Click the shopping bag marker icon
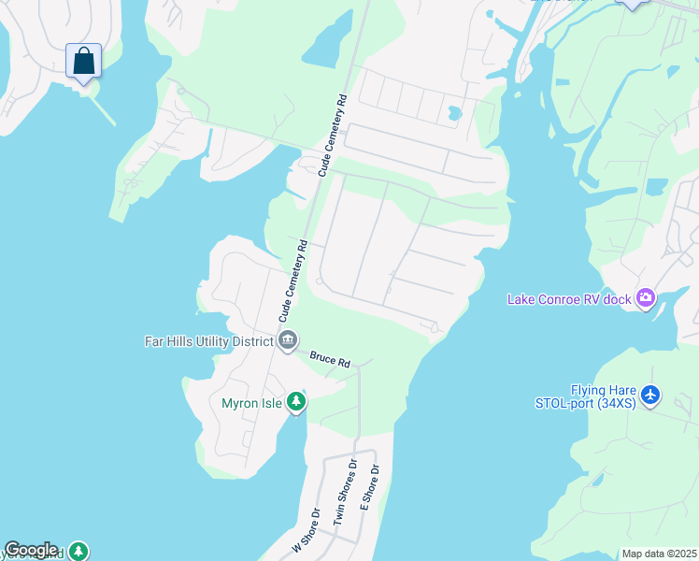84,61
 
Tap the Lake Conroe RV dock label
569,299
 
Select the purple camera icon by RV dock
645,299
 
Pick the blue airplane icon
651,396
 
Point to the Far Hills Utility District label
208,341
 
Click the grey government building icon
287,340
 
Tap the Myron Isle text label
252,404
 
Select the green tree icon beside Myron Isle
296,402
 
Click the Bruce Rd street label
330,358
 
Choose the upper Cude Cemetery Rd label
334,135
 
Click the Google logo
31,550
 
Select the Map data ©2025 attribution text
658,554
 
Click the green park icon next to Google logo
81,551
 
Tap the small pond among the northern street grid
454,114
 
